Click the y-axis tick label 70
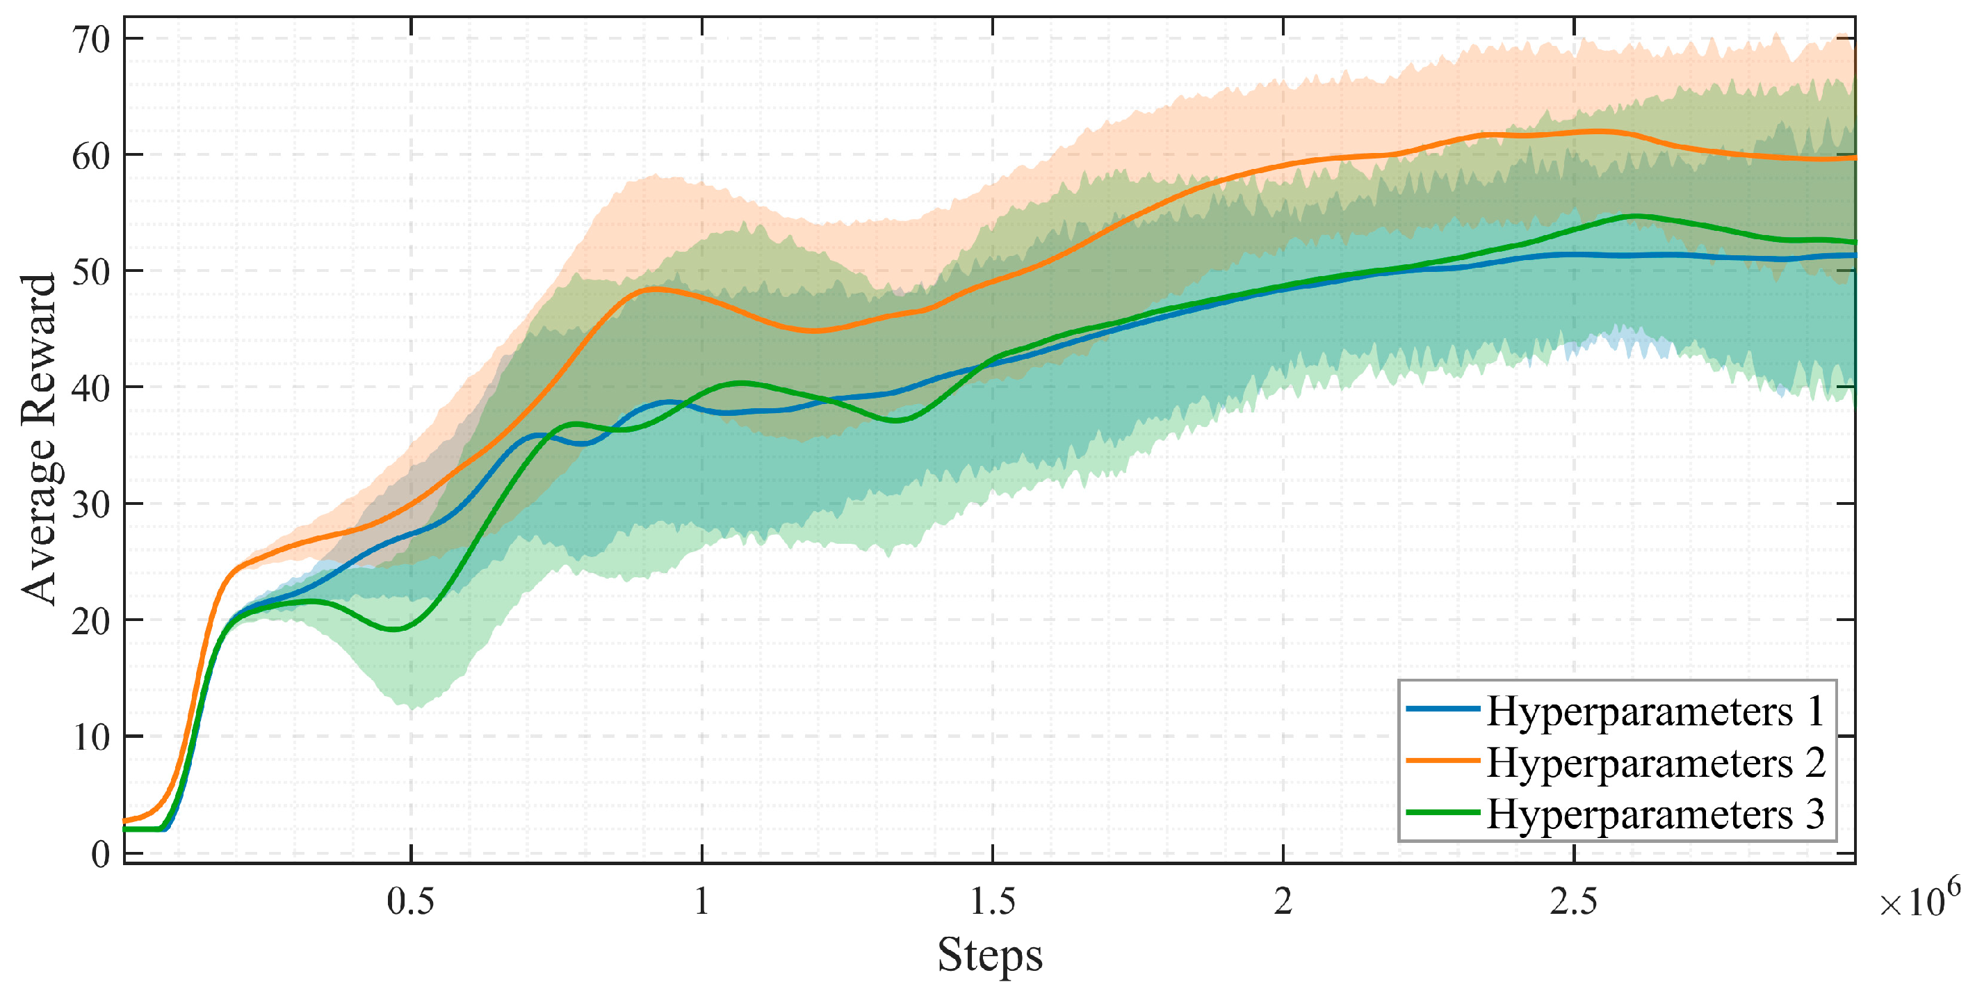pyautogui.click(x=91, y=39)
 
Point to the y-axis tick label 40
pyautogui.click(x=91, y=388)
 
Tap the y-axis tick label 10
pyautogui.click(x=91, y=737)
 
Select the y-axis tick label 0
pyautogui.click(x=100, y=853)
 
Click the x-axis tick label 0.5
pyautogui.click(x=410, y=901)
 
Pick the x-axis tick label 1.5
pyautogui.click(x=993, y=901)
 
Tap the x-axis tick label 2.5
pyautogui.click(x=1573, y=901)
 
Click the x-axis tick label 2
pyautogui.click(x=1283, y=901)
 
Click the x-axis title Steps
pyautogui.click(x=990, y=955)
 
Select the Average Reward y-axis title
pyautogui.click(x=38, y=439)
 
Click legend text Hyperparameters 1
pyautogui.click(x=1655, y=711)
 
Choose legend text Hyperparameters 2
pyautogui.click(x=1655, y=762)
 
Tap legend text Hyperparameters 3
pyautogui.click(x=1655, y=814)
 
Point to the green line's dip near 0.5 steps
pyautogui.click(x=394, y=629)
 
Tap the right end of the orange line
pyautogui.click(x=1853, y=157)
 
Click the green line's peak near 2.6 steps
pyautogui.click(x=1635, y=216)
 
